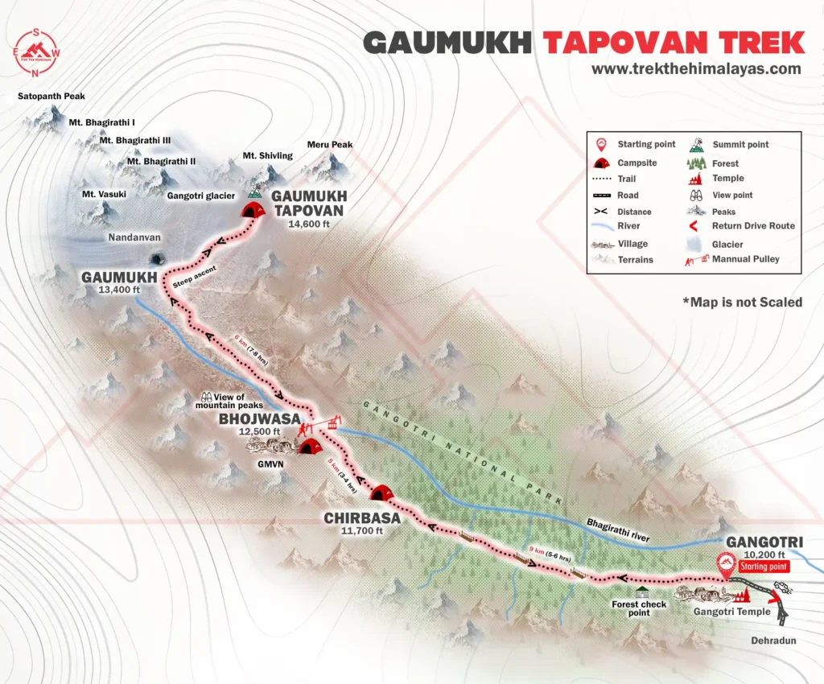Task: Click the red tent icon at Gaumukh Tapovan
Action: (252, 209)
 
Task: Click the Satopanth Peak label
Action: (51, 97)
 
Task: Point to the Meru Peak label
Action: (330, 145)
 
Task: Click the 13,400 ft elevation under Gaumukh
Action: (115, 290)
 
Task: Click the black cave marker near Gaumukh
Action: (156, 258)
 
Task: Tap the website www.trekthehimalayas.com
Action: (696, 69)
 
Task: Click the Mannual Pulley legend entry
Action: (745, 259)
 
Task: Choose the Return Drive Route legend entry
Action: (753, 226)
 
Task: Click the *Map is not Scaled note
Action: (742, 302)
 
